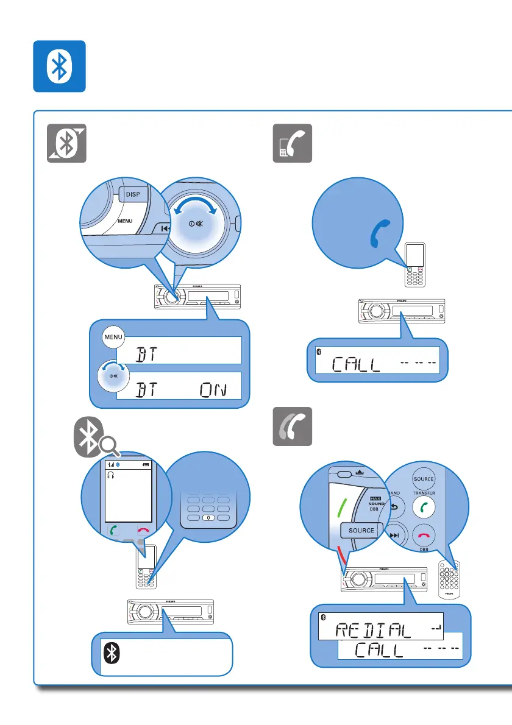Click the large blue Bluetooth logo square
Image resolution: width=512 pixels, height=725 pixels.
[x=59, y=66]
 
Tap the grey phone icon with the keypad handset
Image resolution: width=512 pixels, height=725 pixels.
[x=292, y=143]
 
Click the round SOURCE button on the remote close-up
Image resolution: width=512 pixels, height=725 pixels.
[x=423, y=479]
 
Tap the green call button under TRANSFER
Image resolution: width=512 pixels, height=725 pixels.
[x=422, y=506]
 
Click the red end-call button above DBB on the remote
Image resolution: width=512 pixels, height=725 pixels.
[x=422, y=534]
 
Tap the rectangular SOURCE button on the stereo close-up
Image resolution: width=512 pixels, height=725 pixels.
[x=361, y=530]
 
